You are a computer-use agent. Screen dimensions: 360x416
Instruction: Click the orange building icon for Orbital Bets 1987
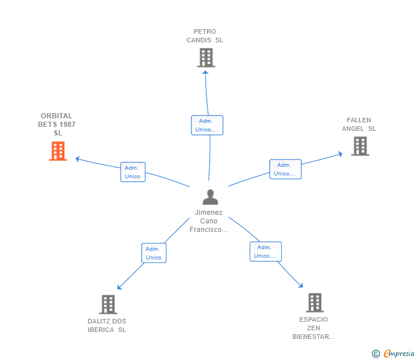(58, 151)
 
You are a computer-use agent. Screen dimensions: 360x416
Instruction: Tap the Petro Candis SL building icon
(206, 58)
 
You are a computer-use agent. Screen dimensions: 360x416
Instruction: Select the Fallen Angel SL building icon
(359, 146)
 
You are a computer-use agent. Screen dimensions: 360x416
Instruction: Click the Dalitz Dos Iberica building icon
(108, 305)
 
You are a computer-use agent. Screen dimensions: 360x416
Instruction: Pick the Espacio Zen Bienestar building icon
(314, 302)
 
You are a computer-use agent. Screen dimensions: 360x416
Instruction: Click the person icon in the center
(210, 197)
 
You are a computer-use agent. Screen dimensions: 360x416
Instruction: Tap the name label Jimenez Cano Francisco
(209, 221)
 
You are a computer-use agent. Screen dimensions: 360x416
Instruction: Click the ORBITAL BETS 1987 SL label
(57, 125)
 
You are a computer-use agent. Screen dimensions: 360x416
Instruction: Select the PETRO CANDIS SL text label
(205, 36)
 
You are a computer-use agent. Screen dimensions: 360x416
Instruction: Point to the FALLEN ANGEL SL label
(359, 125)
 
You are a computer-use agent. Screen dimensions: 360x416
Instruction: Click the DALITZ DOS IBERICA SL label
(107, 325)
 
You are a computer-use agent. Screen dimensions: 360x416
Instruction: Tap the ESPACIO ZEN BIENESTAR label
(313, 328)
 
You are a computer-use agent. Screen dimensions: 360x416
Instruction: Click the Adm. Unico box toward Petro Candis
(207, 125)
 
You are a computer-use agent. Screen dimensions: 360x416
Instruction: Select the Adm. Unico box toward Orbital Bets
(133, 172)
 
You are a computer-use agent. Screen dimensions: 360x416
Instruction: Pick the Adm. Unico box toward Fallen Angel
(285, 169)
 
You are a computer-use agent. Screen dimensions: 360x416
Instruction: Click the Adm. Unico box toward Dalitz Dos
(153, 253)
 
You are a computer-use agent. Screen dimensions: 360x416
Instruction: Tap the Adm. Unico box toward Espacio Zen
(265, 251)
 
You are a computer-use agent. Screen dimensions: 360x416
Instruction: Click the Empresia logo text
(399, 354)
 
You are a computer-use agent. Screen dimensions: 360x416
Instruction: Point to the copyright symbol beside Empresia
(376, 354)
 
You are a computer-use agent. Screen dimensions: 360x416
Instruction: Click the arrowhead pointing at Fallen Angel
(340, 153)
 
